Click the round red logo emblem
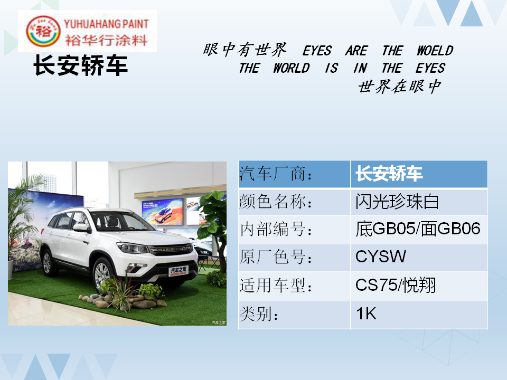click(43, 31)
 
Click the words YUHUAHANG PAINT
click(106, 24)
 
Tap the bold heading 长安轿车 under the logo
click(80, 65)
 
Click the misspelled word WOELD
click(435, 51)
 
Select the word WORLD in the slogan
click(292, 68)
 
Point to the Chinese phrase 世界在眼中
click(400, 87)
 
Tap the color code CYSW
click(381, 256)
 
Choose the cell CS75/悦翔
click(396, 285)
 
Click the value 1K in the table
click(367, 313)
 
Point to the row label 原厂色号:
click(276, 257)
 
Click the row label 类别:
click(259, 313)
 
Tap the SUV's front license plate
click(178, 271)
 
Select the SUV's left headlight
click(133, 248)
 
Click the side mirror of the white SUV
click(81, 227)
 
